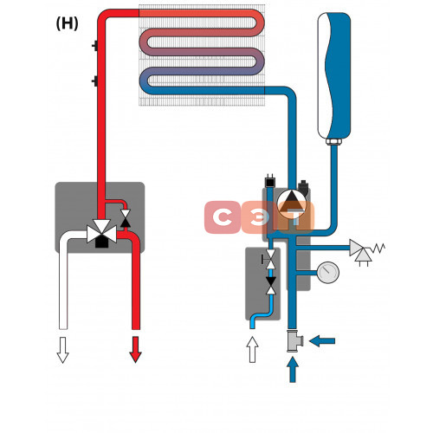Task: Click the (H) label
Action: point(67,23)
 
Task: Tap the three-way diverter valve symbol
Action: point(102,233)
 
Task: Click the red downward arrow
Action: point(135,349)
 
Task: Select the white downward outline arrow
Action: point(62,350)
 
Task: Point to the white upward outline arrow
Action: point(253,349)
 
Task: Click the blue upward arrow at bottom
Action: point(293,370)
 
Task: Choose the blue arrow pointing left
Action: point(322,341)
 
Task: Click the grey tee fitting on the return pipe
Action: point(294,340)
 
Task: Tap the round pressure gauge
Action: point(328,273)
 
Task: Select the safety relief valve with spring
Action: point(365,251)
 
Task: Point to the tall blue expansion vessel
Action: point(334,75)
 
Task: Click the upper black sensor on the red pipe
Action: point(95,46)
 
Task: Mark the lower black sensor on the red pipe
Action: point(95,81)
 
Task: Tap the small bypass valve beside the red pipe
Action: point(126,218)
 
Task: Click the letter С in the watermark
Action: point(223,217)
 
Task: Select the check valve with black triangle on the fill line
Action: point(271,286)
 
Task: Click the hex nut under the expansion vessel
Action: point(333,141)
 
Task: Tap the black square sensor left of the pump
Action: point(270,181)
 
